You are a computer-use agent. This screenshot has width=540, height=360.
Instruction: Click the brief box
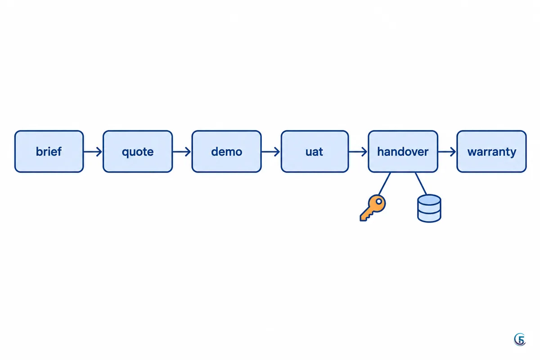(x=49, y=152)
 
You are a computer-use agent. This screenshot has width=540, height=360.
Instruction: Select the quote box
(x=138, y=152)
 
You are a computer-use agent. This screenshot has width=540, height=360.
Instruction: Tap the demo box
(x=227, y=152)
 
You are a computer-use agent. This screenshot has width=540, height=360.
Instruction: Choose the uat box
(x=315, y=152)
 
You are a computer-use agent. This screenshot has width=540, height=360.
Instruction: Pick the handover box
(x=403, y=152)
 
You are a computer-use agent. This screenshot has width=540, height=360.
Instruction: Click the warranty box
(x=491, y=152)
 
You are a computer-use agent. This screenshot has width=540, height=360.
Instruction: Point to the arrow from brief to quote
(x=93, y=152)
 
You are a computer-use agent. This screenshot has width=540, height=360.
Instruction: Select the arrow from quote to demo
(x=182, y=152)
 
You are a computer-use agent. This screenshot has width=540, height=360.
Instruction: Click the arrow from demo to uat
(x=271, y=152)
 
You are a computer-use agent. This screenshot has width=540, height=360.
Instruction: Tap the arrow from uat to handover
(x=358, y=152)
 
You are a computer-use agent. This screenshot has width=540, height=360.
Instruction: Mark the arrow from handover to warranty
(x=447, y=152)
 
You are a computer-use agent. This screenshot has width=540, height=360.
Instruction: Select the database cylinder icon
(x=429, y=208)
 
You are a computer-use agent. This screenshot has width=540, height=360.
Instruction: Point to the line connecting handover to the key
(x=384, y=184)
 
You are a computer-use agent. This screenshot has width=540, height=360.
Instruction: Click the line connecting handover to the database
(x=421, y=184)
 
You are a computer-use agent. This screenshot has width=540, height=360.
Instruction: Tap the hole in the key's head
(x=379, y=201)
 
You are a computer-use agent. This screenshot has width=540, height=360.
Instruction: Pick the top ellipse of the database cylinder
(x=429, y=200)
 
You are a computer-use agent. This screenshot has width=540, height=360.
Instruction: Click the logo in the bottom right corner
(x=520, y=339)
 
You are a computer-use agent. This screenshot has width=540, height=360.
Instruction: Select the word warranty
(x=492, y=152)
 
